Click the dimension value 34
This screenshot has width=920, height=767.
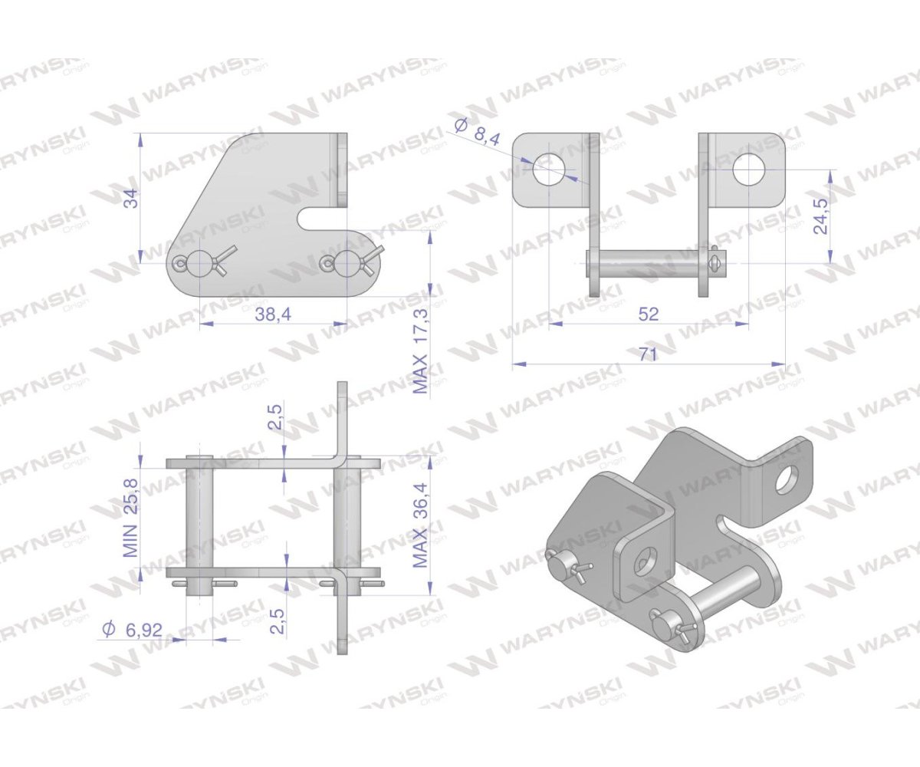[x=132, y=199]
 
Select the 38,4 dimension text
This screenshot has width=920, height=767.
[x=273, y=314]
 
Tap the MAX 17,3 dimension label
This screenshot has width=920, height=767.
[x=421, y=351]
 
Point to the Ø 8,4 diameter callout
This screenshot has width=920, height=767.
[x=477, y=133]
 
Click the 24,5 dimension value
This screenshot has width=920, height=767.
[x=820, y=216]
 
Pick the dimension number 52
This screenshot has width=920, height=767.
[x=648, y=314]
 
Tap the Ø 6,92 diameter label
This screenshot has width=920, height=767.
[x=131, y=629]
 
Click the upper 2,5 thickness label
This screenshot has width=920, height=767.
[x=275, y=416]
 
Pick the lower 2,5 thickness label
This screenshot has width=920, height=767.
[x=278, y=621]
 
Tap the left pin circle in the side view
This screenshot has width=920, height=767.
[x=199, y=263]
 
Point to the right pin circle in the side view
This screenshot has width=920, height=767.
[x=347, y=263]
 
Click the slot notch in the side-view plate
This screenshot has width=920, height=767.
[x=323, y=219]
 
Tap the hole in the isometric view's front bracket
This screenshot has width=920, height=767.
[x=644, y=562]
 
